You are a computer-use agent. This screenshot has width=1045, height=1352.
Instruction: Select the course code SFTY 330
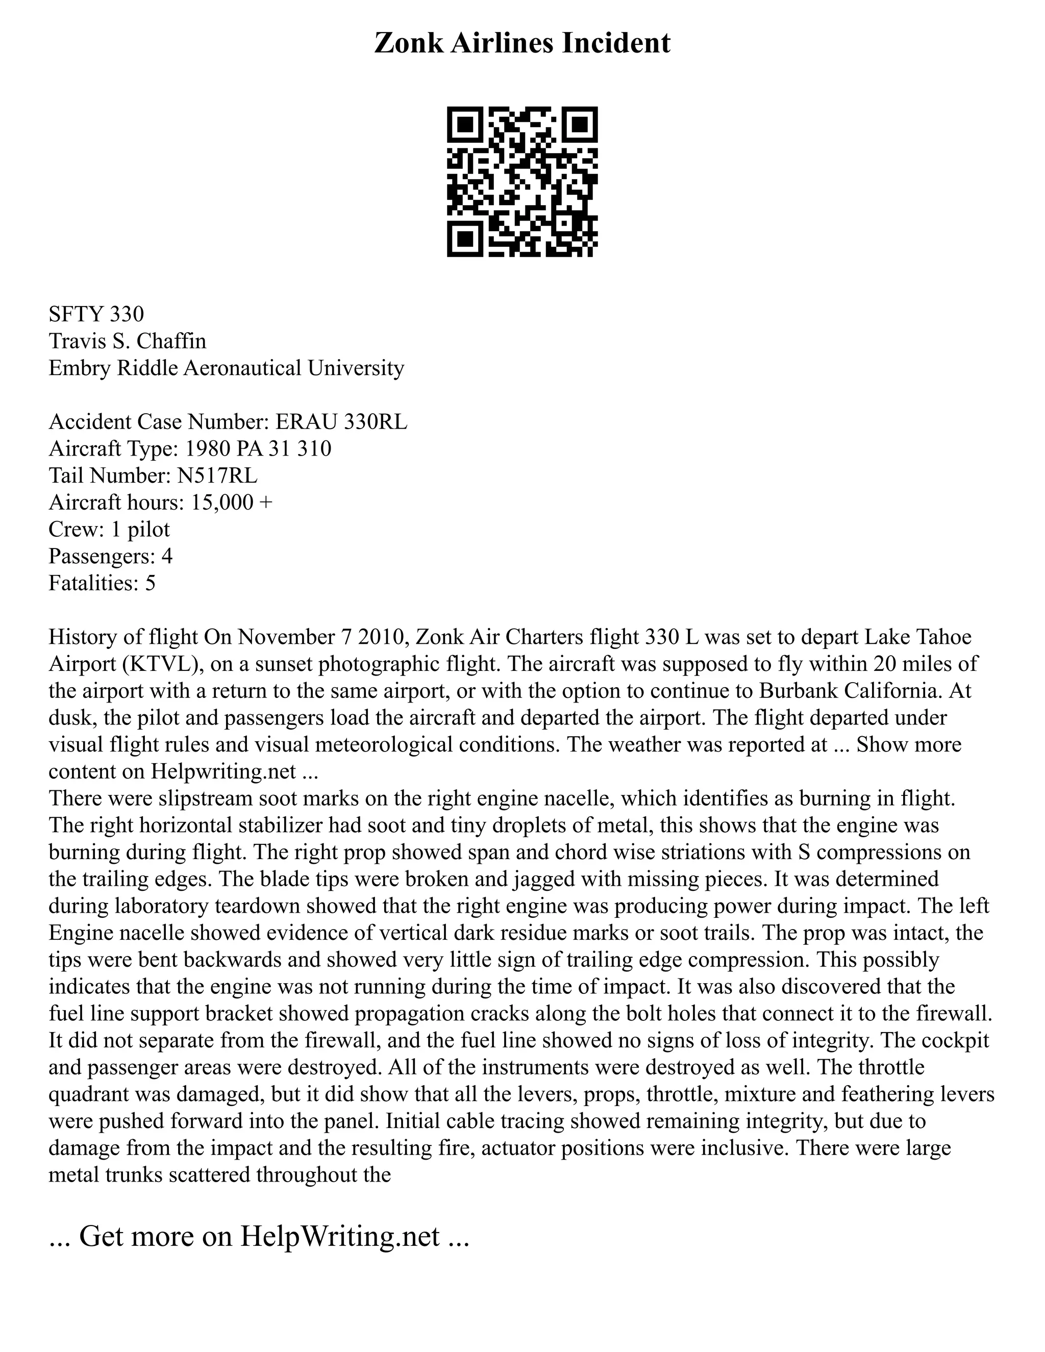click(x=96, y=314)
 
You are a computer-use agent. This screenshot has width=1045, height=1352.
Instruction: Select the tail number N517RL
click(x=217, y=475)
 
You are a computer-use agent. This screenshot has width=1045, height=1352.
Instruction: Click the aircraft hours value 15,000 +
click(x=232, y=502)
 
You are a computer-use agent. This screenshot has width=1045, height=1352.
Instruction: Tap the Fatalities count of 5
click(x=150, y=583)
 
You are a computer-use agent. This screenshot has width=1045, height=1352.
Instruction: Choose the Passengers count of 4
click(x=166, y=556)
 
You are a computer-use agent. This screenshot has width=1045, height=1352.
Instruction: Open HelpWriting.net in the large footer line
click(x=340, y=1237)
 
